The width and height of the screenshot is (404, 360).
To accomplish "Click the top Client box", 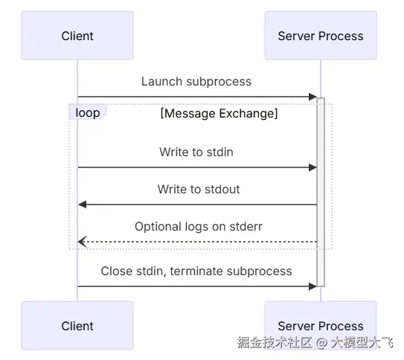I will (x=77, y=35).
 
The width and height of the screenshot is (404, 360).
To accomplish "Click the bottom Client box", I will (x=77, y=325).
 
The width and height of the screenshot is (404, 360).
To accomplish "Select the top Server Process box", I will (x=320, y=35).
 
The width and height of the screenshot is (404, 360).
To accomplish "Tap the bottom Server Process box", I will (x=320, y=325).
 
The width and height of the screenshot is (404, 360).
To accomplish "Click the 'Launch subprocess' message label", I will (x=196, y=81).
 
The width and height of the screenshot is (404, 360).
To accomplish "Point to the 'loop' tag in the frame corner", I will (x=88, y=113).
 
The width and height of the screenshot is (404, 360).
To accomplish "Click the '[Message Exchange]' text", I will (x=219, y=114).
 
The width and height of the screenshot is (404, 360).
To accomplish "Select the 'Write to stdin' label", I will (x=196, y=152).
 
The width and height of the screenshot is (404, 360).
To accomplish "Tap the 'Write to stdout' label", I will (x=199, y=189).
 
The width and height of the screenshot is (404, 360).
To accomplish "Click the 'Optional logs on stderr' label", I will (x=199, y=226).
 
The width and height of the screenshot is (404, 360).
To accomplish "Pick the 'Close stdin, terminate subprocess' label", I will (x=196, y=271).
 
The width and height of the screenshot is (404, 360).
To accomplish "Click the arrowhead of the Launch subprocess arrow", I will (x=313, y=97).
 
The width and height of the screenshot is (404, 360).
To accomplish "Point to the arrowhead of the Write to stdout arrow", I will (x=83, y=205).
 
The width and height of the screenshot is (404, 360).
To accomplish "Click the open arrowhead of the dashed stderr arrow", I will (x=83, y=242).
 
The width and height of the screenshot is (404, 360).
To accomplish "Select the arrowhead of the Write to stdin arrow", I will (x=313, y=167).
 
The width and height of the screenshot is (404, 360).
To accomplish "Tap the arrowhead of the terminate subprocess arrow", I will (x=313, y=286).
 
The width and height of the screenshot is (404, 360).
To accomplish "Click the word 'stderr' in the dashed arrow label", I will (x=245, y=226).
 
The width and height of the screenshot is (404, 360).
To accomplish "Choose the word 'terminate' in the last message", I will (x=196, y=271).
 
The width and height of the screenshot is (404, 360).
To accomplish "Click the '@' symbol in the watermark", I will (x=321, y=343).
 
